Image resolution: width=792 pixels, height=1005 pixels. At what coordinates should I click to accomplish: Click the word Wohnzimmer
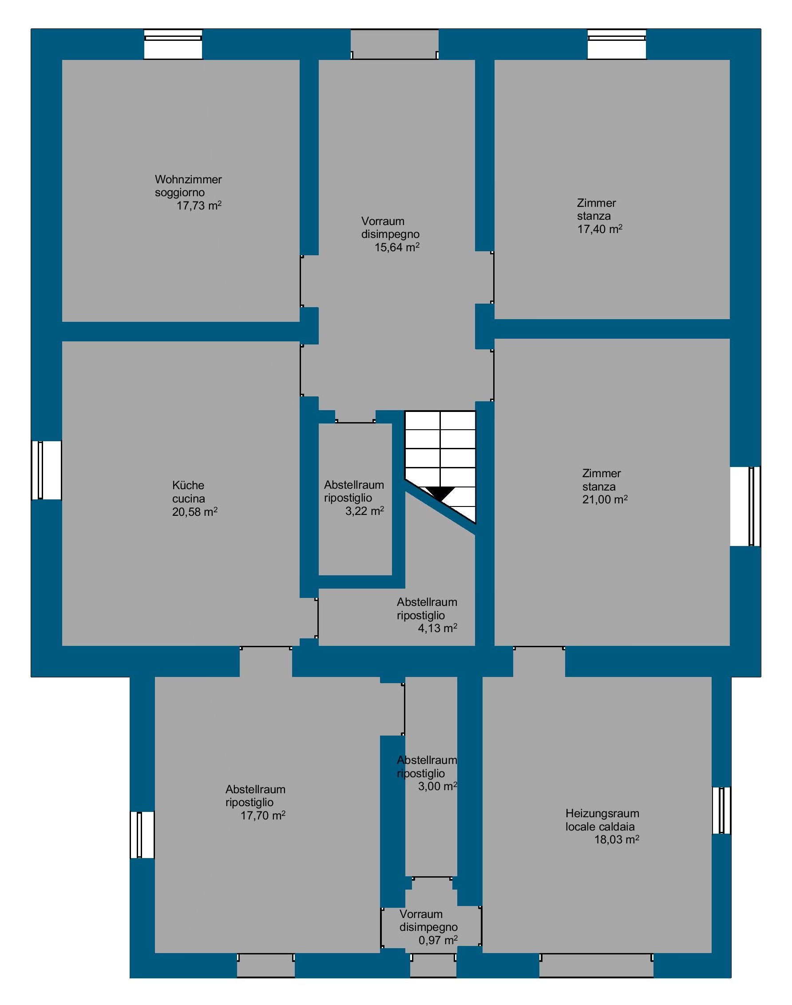pyautogui.click(x=188, y=179)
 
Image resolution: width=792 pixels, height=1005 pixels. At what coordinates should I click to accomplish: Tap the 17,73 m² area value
pyautogui.click(x=199, y=206)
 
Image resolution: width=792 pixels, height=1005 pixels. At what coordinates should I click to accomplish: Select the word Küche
pyautogui.click(x=188, y=485)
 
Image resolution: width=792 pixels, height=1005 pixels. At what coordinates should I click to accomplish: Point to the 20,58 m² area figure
pyautogui.click(x=195, y=512)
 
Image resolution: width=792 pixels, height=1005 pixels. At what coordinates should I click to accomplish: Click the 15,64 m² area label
pyautogui.click(x=397, y=247)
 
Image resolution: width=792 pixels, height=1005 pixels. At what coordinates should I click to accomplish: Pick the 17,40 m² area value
pyautogui.click(x=600, y=229)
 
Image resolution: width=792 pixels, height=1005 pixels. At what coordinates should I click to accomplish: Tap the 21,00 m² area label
pyautogui.click(x=605, y=499)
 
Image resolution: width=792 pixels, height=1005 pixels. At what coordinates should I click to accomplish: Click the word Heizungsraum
pyautogui.click(x=602, y=813)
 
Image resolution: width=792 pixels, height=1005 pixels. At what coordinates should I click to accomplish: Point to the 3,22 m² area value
pyautogui.click(x=364, y=511)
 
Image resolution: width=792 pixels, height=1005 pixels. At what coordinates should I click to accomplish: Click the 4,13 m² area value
pyautogui.click(x=438, y=628)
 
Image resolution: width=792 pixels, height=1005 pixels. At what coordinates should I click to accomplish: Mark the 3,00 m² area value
pyautogui.click(x=438, y=786)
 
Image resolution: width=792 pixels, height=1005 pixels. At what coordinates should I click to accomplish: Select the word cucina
pyautogui.click(x=189, y=499)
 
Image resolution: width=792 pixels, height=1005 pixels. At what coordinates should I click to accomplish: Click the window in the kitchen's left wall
pyautogui.click(x=46, y=470)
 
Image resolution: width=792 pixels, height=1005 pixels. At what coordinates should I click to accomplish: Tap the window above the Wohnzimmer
pyautogui.click(x=173, y=44)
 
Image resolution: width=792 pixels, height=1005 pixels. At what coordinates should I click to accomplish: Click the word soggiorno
pyautogui.click(x=180, y=192)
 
